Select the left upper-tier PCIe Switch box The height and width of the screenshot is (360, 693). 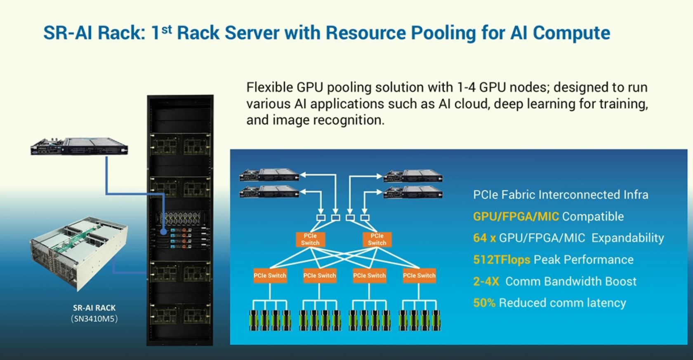click(x=310, y=240)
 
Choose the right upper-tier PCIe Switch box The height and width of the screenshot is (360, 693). click(x=377, y=240)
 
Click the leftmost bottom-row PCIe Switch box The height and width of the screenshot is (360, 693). click(x=270, y=275)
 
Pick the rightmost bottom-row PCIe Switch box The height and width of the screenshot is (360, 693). click(x=419, y=275)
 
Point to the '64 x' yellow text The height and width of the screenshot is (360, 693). click(x=484, y=238)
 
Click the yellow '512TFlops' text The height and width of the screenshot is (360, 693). click(x=502, y=260)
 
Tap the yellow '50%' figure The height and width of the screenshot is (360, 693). click(x=484, y=303)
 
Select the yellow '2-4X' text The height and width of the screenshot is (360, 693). click(x=486, y=282)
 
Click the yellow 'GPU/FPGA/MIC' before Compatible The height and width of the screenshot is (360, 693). click(x=516, y=216)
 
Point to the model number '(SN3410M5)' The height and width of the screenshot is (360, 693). click(x=94, y=319)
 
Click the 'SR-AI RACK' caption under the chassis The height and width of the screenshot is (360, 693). click(x=94, y=308)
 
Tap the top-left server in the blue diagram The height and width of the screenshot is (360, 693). click(x=269, y=175)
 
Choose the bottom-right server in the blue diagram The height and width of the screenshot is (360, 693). click(x=413, y=192)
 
